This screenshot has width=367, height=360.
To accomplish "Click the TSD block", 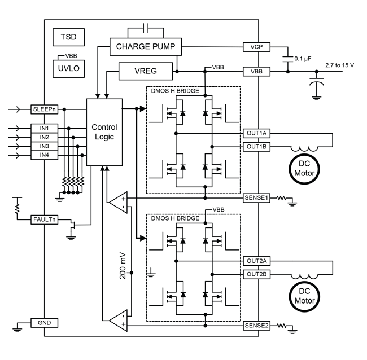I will tap(68, 37).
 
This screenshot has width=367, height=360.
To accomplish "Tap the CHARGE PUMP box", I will tap(146, 46).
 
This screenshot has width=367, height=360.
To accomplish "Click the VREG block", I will tap(145, 72).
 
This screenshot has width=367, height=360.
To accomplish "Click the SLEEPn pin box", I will tap(45, 108).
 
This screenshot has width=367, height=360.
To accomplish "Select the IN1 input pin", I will tap(45, 128).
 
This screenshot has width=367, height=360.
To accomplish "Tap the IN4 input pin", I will tap(45, 155).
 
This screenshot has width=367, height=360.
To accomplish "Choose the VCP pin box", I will tap(257, 46).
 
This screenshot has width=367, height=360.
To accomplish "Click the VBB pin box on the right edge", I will tap(257, 72).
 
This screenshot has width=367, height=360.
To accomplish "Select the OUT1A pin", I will tap(257, 133).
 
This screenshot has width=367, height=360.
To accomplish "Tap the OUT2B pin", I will tap(257, 274).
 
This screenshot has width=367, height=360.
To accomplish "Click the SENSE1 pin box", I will tap(257, 199).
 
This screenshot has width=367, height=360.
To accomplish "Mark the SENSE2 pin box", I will tap(257, 326).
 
